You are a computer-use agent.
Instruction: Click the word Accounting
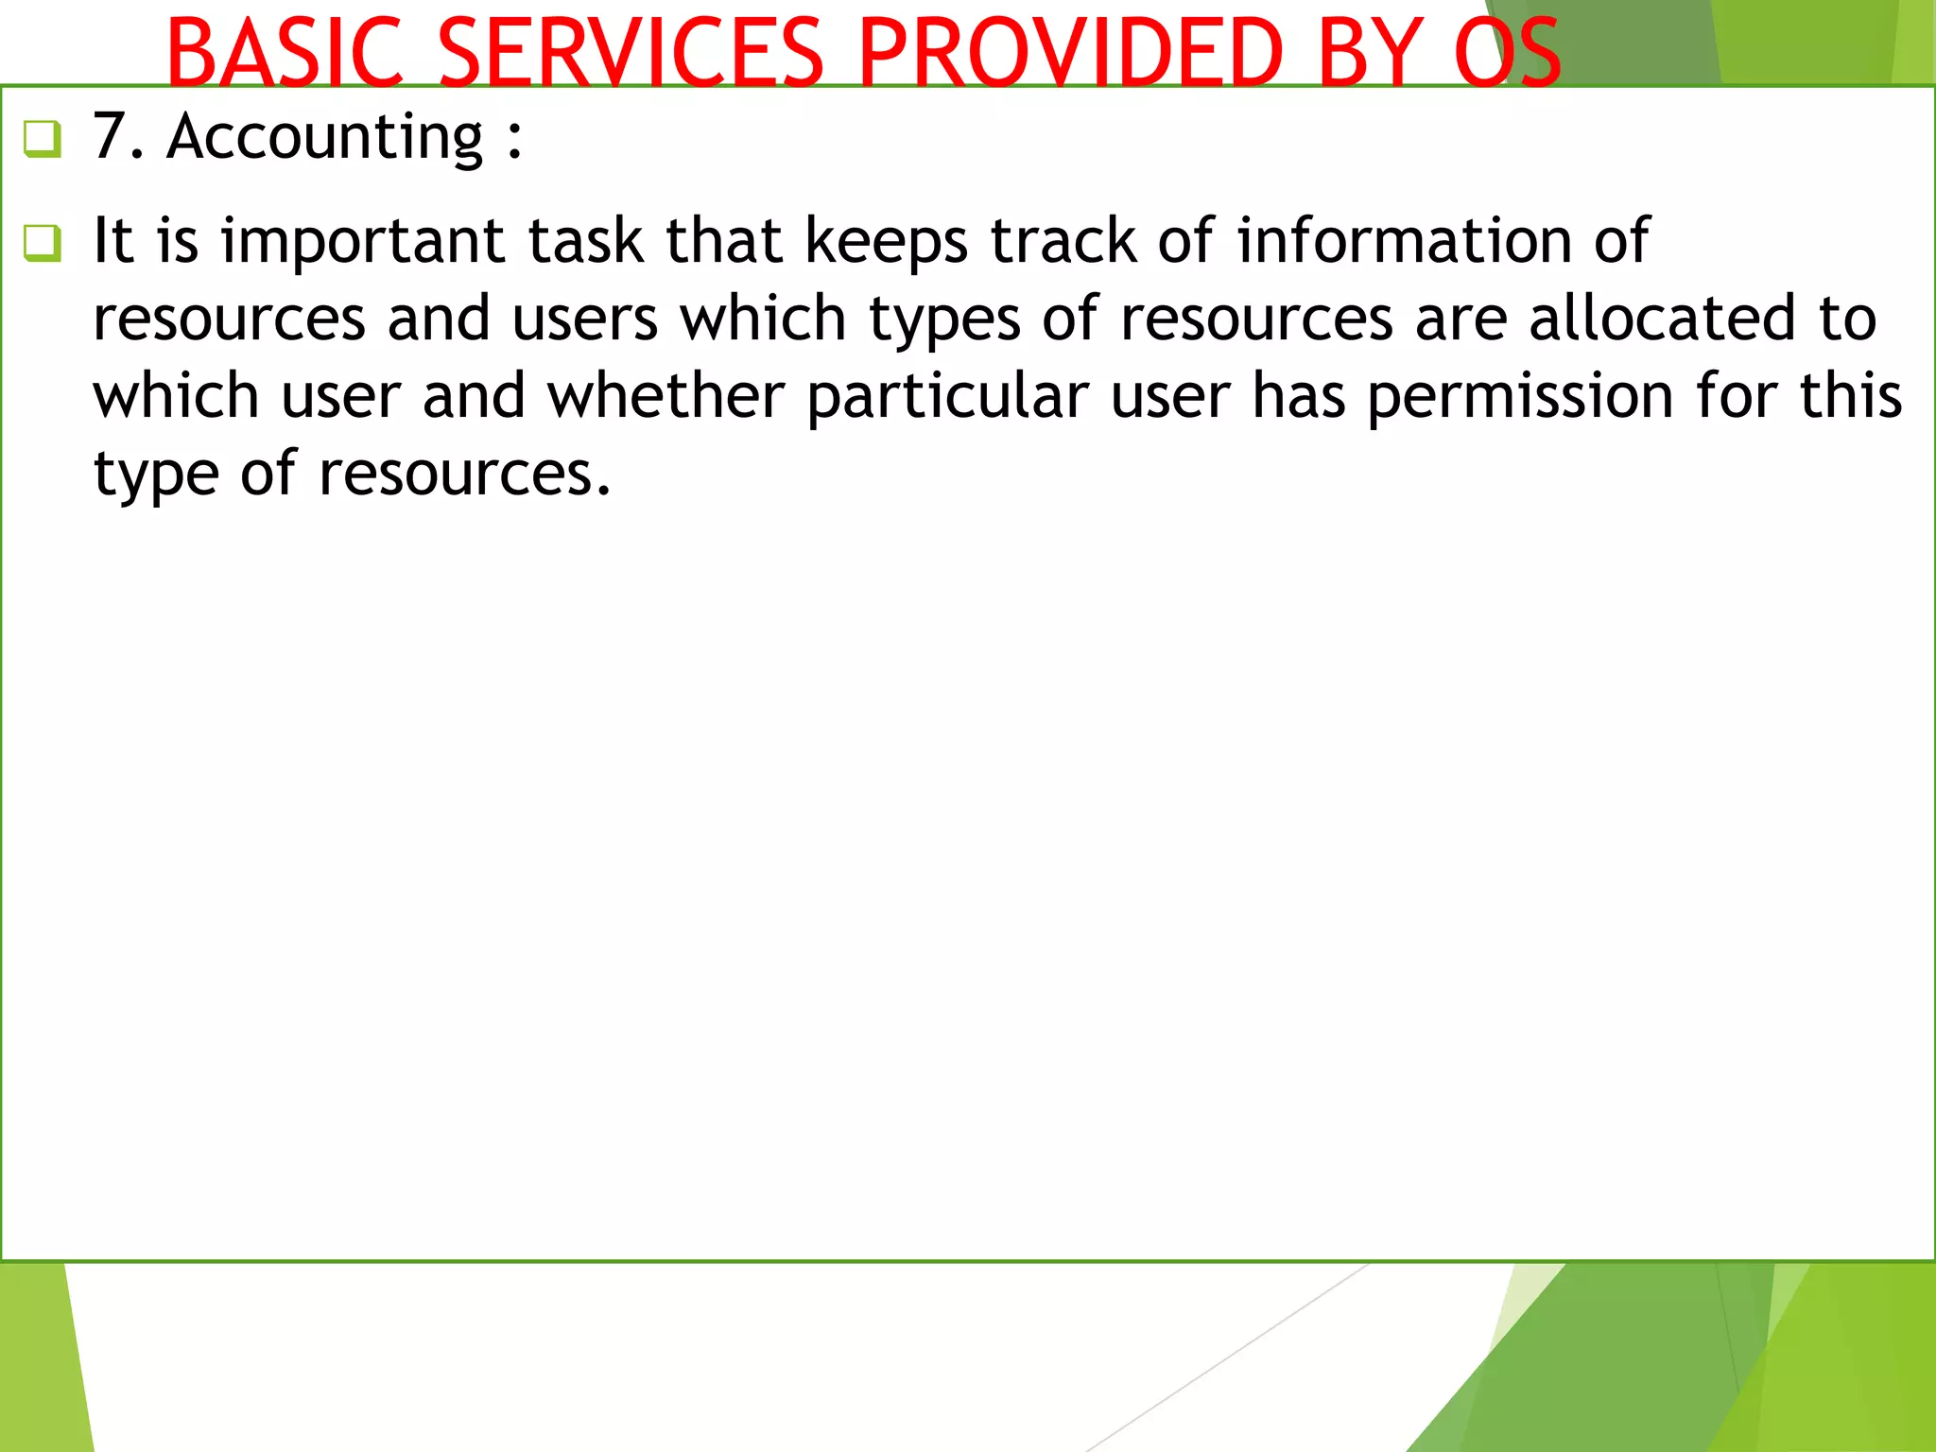324,138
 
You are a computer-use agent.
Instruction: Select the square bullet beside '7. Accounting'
43,139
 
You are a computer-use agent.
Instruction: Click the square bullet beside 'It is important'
43,243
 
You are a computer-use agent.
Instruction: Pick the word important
362,242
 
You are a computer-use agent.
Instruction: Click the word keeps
886,242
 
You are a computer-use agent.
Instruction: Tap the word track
1063,240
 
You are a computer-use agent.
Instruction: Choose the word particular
947,397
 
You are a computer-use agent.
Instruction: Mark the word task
585,240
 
